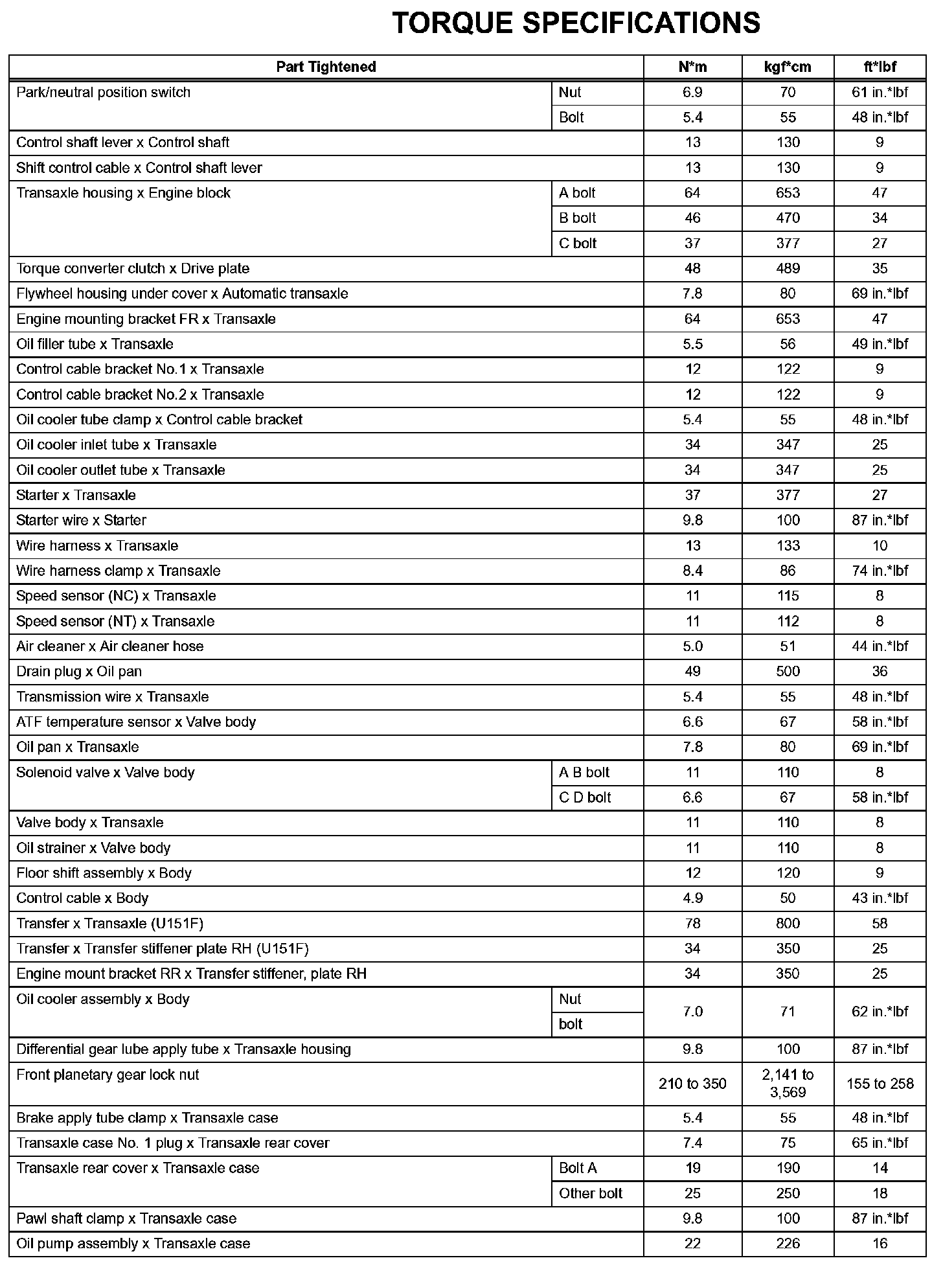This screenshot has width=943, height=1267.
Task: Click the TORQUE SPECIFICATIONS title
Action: pos(576,24)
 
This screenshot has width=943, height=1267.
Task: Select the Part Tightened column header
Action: pos(326,67)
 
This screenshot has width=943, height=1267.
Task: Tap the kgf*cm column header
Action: pos(788,67)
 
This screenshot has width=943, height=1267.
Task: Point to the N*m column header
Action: pos(692,67)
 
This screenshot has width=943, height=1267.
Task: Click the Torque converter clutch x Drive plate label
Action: pos(133,268)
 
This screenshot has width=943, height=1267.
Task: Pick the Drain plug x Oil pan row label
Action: pos(79,671)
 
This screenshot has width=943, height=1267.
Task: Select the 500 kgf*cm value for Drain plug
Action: pos(788,671)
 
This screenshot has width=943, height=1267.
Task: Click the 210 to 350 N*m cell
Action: pos(692,1084)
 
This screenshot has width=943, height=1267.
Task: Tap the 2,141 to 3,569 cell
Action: pos(788,1084)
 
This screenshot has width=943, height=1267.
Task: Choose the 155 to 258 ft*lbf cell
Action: pos(880,1084)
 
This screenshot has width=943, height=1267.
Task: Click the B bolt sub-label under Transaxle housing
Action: pos(577,218)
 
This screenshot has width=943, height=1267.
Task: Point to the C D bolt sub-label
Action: pos(584,797)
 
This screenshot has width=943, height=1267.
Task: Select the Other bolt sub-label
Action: pos(590,1193)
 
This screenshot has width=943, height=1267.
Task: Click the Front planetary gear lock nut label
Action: pos(108,1075)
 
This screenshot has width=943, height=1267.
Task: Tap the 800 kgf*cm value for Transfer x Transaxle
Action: pos(788,923)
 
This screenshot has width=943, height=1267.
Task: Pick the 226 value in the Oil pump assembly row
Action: pos(788,1243)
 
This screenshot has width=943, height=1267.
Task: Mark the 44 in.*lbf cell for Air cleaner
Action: pos(880,646)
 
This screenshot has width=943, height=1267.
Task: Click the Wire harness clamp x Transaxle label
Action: pos(118,571)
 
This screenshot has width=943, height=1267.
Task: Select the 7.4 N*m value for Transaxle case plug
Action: pos(692,1143)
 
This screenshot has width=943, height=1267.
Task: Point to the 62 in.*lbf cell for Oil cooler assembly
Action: pos(880,1011)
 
